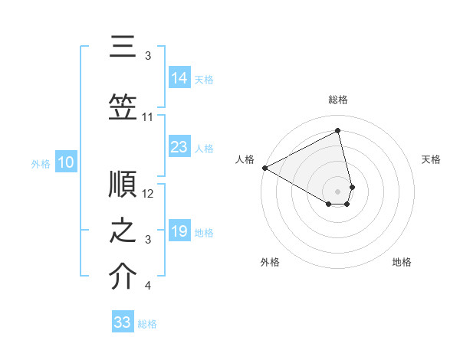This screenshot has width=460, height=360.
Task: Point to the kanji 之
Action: tap(123, 232)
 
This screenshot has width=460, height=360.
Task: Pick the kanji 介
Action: tap(123, 277)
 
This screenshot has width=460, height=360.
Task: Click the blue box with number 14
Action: tap(179, 78)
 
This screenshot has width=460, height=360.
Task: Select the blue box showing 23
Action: tap(179, 148)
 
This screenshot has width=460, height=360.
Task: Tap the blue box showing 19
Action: tap(179, 232)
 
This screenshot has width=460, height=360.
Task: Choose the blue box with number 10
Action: tap(66, 162)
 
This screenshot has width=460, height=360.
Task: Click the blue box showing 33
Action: tap(123, 322)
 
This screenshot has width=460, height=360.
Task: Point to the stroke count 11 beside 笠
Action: tap(148, 117)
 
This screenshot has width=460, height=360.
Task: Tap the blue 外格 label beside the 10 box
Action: tap(41, 163)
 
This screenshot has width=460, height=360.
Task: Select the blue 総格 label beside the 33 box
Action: tap(147, 324)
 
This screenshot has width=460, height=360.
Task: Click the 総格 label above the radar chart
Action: tap(338, 100)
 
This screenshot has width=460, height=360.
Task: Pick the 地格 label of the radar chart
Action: tap(402, 262)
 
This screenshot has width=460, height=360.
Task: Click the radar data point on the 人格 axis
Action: tap(264, 167)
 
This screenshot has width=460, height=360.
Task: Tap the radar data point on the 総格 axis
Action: tap(338, 131)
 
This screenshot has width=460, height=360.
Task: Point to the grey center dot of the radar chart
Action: tap(338, 191)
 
